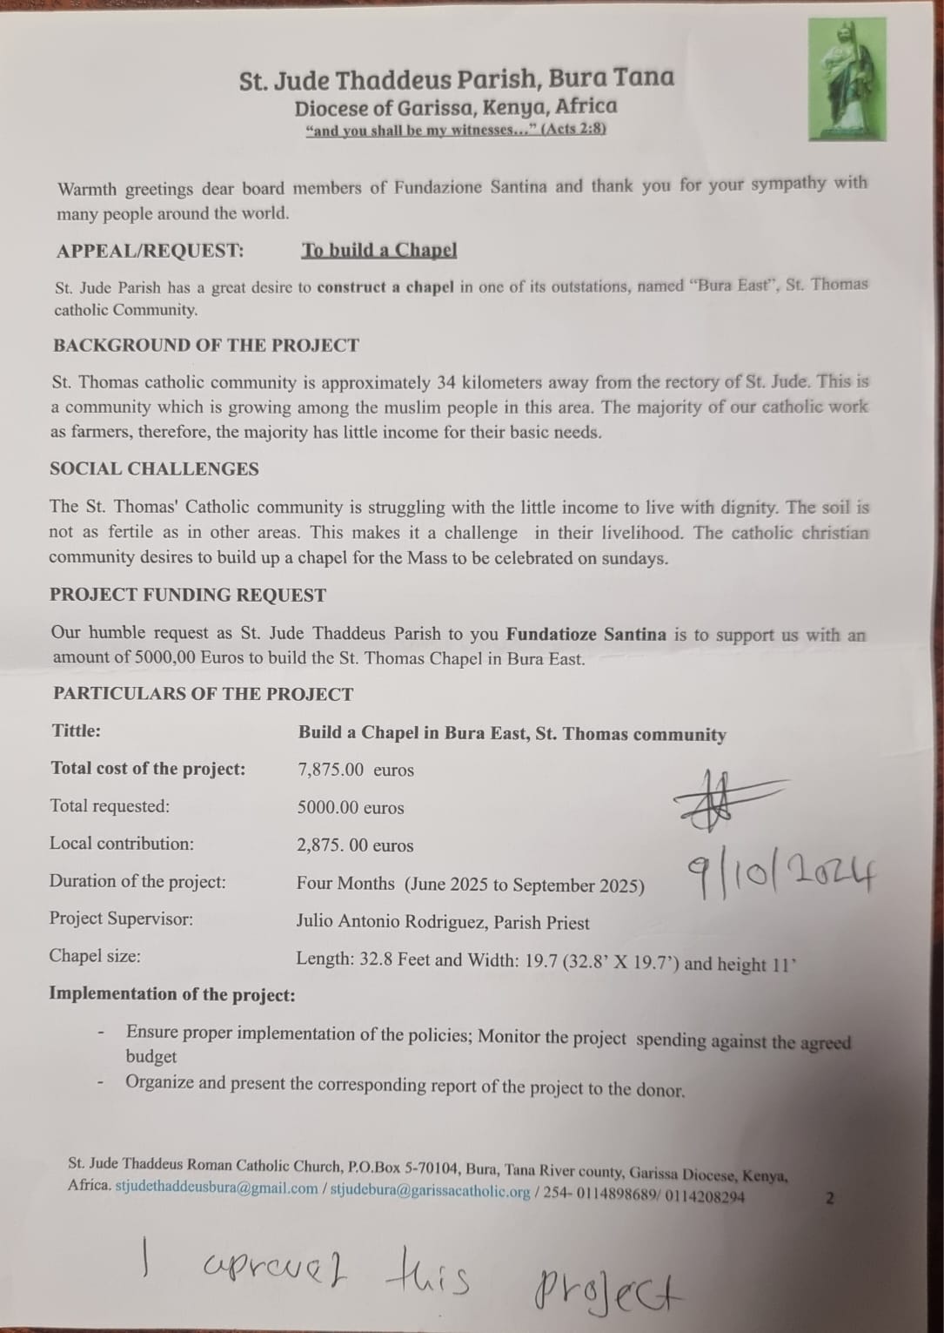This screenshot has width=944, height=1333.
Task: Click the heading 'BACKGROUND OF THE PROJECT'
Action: (x=206, y=345)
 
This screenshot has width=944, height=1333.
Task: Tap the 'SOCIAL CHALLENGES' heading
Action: (x=154, y=468)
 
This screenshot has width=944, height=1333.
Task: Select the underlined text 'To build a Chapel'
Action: (x=378, y=250)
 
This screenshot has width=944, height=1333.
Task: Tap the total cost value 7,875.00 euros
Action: (x=356, y=770)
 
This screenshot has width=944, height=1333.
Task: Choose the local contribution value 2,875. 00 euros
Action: (x=355, y=845)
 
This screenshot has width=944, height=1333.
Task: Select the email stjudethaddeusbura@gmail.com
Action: (x=217, y=1189)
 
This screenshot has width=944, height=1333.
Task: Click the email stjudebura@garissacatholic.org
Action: (x=430, y=1191)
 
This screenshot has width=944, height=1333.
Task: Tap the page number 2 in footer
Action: (x=829, y=1198)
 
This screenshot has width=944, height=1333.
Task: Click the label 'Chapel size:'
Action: (x=95, y=956)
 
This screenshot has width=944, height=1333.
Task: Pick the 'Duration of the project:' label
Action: (x=137, y=881)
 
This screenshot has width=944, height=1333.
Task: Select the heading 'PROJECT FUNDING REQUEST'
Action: (x=188, y=595)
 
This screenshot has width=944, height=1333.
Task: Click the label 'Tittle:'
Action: (x=77, y=730)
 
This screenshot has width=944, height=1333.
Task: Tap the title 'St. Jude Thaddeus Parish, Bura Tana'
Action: (x=457, y=79)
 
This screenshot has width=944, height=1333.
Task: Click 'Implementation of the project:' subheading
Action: (x=172, y=993)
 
